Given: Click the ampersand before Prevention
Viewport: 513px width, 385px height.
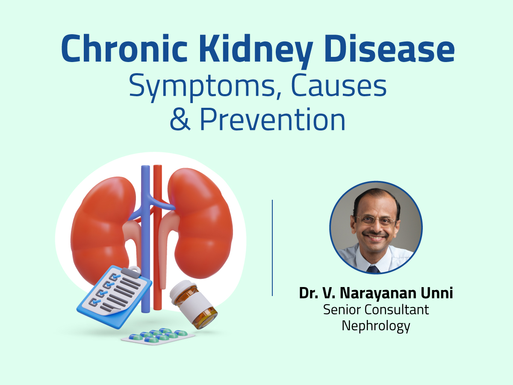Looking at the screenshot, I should coord(180,120).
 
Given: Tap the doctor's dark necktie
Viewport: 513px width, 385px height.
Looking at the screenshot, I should coord(373,269).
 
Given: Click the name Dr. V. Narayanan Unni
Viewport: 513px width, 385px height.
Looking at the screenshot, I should coord(376,294).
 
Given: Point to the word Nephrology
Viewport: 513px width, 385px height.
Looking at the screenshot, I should coord(376,326).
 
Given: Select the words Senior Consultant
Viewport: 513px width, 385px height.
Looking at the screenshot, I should coord(376,309).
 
